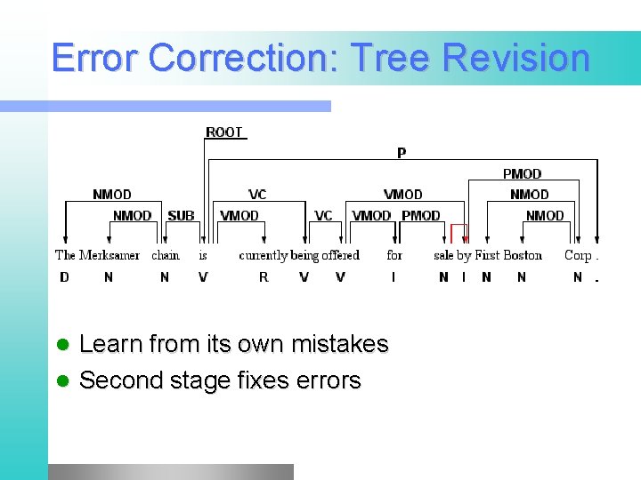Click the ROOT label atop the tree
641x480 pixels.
223,132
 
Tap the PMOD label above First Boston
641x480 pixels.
522,174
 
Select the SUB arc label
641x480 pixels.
181,215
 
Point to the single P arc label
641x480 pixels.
402,153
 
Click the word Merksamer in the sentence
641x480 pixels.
110,255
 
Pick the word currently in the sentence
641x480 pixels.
263,255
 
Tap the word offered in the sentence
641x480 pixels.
341,255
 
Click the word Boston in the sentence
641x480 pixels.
523,255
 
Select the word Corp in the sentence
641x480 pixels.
578,255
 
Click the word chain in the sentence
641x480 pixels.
166,255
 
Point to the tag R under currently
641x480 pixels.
264,277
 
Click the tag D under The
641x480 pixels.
64,277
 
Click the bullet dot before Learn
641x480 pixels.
61,345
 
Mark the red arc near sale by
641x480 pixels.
458,233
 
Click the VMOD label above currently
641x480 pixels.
239,215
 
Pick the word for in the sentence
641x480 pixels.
394,255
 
